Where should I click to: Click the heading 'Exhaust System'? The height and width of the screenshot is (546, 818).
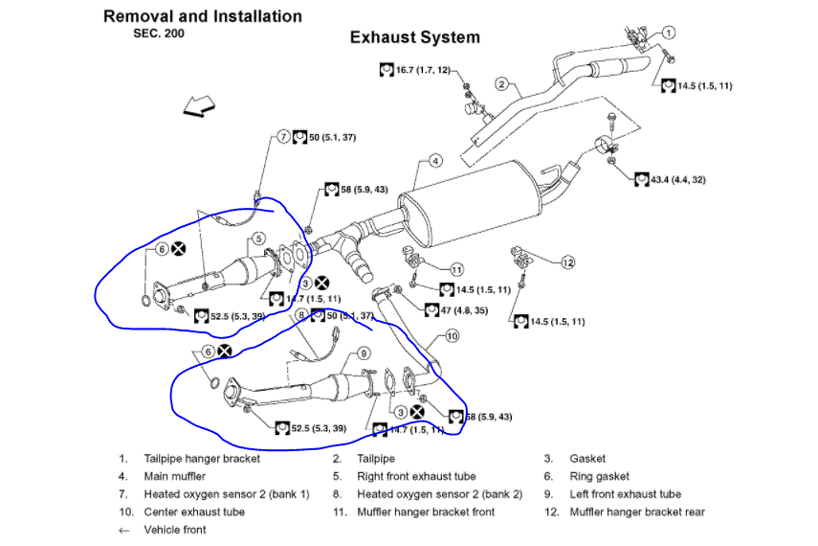pyautogui.click(x=414, y=38)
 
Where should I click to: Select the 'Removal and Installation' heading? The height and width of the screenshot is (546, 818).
pyautogui.click(x=203, y=16)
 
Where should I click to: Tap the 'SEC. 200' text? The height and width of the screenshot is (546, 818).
pyautogui.click(x=158, y=33)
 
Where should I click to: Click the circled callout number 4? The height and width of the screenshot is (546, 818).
pyautogui.click(x=434, y=161)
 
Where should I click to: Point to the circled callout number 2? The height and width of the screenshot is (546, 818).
pyautogui.click(x=500, y=84)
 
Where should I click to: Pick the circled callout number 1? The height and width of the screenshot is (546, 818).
pyautogui.click(x=669, y=32)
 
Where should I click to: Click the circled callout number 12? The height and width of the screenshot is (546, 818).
pyautogui.click(x=567, y=262)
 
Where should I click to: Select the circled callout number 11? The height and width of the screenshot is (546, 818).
pyautogui.click(x=457, y=269)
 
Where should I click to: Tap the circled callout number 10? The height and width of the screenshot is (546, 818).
pyautogui.click(x=453, y=336)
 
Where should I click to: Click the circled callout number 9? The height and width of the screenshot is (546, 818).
pyautogui.click(x=365, y=353)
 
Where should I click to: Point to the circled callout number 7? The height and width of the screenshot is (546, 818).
pyautogui.click(x=284, y=137)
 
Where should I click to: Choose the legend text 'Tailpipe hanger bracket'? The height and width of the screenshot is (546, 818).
pyautogui.click(x=202, y=459)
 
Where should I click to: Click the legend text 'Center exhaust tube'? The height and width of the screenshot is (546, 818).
pyautogui.click(x=194, y=512)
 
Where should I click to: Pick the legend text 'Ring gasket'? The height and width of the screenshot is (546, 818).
pyautogui.click(x=600, y=476)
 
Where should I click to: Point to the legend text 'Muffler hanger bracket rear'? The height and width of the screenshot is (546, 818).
pyautogui.click(x=637, y=512)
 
